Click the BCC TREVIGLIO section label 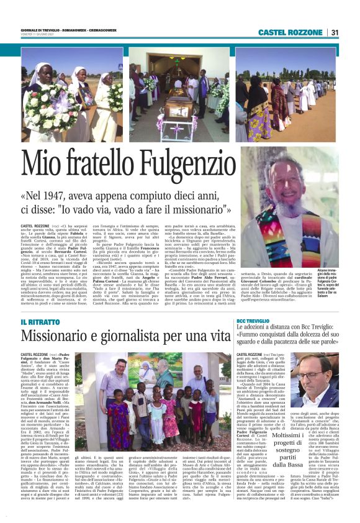tap(254, 320)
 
